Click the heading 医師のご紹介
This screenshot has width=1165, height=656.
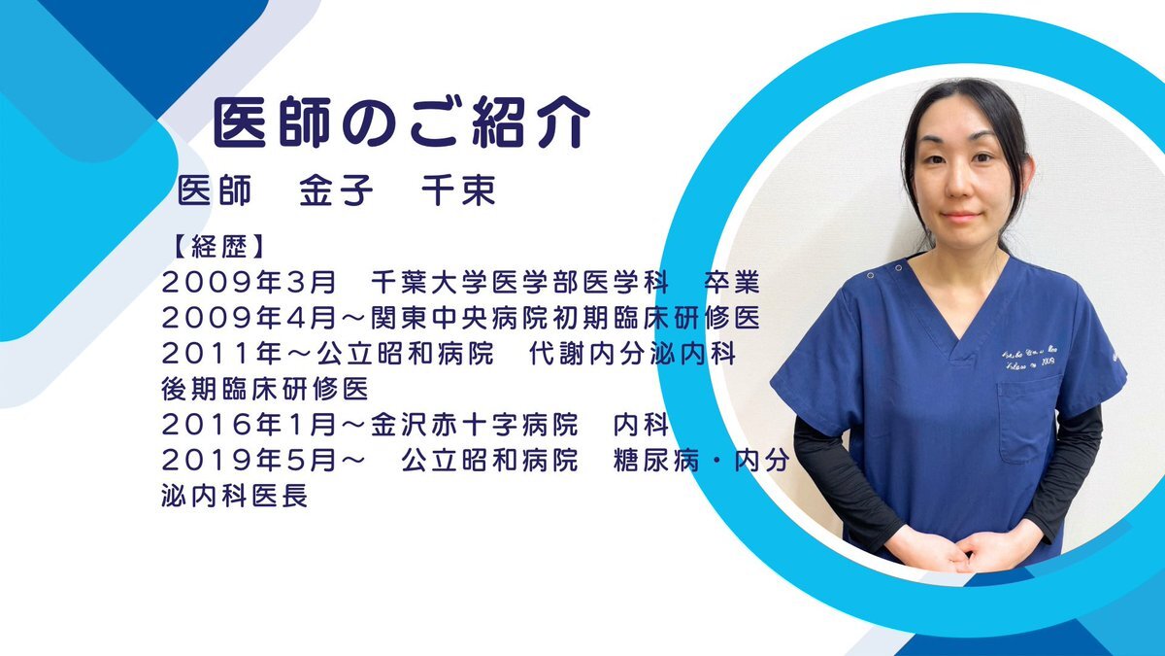coord(401,122)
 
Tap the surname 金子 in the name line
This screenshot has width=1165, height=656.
coord(336,190)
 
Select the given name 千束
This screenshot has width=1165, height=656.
coord(458,190)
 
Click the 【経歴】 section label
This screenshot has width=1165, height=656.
coord(218,247)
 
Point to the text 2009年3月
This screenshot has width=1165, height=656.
coord(249,282)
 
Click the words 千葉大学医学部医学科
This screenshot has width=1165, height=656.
coord(519,282)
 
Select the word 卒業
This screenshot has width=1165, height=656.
coord(732,282)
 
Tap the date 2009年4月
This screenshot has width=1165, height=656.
coord(249,318)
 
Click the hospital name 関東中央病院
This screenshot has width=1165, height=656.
coord(459,318)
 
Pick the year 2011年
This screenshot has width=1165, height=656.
coord(221,354)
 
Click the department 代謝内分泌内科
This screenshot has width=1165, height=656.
coord(632,354)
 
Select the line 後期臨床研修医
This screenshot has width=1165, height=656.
coord(265,389)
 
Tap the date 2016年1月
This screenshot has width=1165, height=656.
coord(249,425)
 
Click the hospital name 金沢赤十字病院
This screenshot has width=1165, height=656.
coord(475,425)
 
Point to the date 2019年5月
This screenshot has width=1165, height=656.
coord(249,461)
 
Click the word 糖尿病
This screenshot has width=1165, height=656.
coord(656,461)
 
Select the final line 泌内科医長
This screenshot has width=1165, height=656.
coord(235,496)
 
